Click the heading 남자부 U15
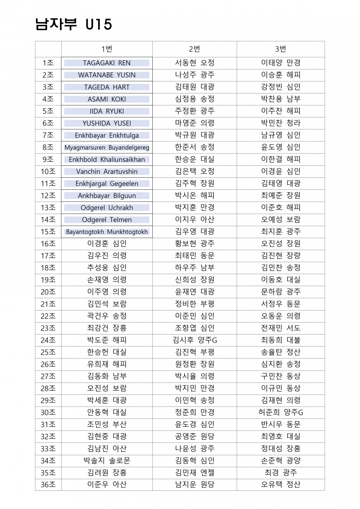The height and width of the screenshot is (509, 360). [x=74, y=24]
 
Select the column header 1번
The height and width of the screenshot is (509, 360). [x=107, y=49]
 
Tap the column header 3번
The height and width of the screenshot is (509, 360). [x=281, y=49]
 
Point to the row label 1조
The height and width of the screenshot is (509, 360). [x=48, y=63]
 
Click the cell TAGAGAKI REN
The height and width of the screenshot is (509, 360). [x=107, y=63]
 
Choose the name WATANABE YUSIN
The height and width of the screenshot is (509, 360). [x=107, y=75]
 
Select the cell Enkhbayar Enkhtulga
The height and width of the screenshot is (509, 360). [x=107, y=135]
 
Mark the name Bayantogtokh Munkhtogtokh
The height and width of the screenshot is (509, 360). [x=107, y=232]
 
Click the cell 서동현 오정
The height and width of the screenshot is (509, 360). [x=194, y=63]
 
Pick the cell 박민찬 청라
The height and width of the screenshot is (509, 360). [x=281, y=123]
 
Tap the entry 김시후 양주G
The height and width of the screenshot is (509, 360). [x=194, y=340]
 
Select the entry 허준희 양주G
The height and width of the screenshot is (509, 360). [x=281, y=413]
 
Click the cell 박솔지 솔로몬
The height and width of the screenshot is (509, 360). [x=107, y=461]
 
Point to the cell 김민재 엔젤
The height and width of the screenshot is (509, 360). [x=194, y=473]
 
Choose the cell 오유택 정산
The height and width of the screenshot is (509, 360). [x=281, y=485]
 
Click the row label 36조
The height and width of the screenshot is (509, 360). [x=48, y=485]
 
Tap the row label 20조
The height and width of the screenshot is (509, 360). [x=48, y=292]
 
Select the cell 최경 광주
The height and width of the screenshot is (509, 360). [x=281, y=473]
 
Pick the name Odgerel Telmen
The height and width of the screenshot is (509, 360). [x=107, y=220]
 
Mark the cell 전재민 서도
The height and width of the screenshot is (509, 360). [x=281, y=328]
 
